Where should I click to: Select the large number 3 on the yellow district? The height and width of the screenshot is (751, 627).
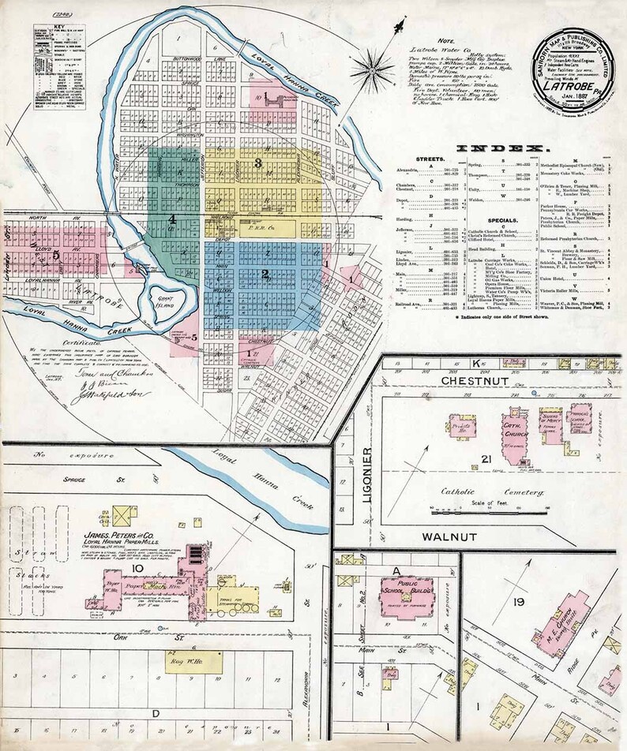point(257,163)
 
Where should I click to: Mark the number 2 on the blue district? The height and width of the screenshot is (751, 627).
point(265,275)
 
